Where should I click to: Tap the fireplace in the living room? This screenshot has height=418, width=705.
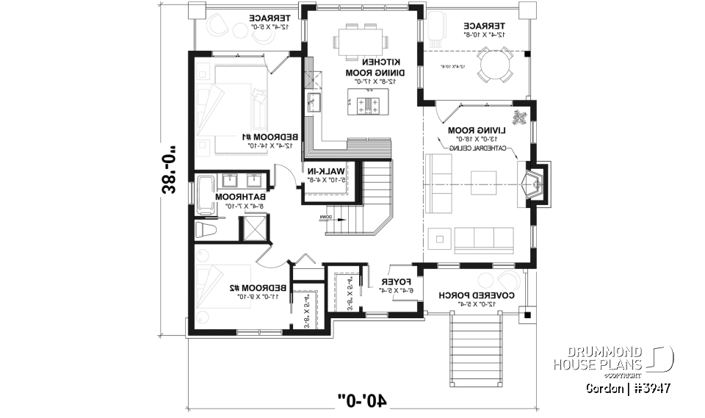point(534,182)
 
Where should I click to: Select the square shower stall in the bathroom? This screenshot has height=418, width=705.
point(254,230)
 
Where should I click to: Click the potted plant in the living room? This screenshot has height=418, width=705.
point(521,118)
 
